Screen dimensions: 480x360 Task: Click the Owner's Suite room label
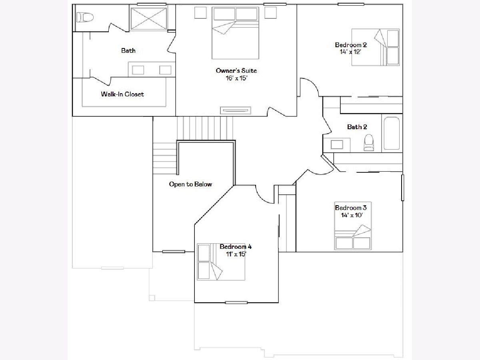[236, 71]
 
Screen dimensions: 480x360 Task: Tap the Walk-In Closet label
[122, 94]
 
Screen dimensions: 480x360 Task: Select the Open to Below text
[190, 184]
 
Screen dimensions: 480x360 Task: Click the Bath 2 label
[357, 127]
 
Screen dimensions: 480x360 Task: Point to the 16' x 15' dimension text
[236, 78]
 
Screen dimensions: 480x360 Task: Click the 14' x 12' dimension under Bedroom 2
[350, 52]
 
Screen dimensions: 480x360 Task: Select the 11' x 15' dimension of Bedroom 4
[236, 254]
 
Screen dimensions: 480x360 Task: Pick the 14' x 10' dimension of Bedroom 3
[352, 215]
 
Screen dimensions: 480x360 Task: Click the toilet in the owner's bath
[85, 17]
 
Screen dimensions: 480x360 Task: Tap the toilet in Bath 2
[369, 142]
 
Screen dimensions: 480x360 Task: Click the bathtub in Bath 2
[392, 133]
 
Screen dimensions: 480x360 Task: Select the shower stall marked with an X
[148, 18]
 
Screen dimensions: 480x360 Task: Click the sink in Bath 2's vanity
[336, 144]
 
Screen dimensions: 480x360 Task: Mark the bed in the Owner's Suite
[235, 33]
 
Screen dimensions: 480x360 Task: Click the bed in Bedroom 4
[221, 262]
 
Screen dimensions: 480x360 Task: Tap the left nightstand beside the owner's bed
[200, 13]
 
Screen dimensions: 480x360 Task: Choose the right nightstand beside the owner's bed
[270, 13]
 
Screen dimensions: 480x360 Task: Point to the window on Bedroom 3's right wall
[402, 188]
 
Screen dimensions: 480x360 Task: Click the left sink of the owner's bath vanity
[138, 70]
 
